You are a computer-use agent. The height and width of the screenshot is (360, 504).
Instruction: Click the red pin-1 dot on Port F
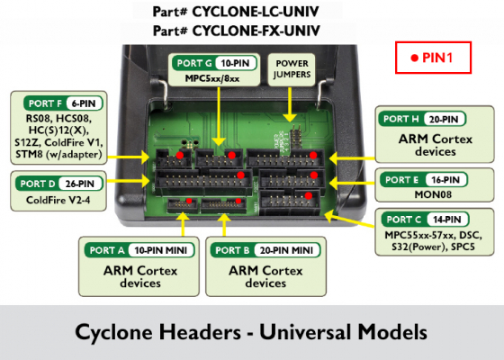180,155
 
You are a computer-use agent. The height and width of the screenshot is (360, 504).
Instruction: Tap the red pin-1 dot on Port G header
231,155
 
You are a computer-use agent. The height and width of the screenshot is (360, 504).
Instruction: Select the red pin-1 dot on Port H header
313,155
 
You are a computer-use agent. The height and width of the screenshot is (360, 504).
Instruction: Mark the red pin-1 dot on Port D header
240,175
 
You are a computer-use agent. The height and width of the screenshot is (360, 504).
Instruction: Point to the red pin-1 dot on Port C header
308,195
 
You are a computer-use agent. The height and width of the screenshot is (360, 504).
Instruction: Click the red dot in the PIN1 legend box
415,58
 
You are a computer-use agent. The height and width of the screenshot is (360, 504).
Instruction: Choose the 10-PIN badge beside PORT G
235,63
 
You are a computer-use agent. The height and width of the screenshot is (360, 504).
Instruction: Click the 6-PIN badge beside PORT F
85,103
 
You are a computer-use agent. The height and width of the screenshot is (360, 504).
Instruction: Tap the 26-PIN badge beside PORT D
80,184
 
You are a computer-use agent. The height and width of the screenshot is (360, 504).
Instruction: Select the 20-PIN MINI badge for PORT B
287,250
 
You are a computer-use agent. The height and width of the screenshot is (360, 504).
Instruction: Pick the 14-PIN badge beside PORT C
447,220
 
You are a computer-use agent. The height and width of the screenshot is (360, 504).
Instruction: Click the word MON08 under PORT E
433,194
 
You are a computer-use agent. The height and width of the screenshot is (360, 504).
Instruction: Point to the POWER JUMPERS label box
292,69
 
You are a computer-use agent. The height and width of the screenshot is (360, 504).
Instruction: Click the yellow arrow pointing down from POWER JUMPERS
290,104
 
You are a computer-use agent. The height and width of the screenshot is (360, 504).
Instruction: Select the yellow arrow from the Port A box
184,224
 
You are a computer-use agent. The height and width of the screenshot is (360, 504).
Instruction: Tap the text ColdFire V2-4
58,200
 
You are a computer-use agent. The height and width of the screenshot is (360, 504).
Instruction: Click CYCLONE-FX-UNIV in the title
256,31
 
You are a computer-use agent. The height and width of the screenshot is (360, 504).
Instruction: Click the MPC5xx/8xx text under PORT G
212,78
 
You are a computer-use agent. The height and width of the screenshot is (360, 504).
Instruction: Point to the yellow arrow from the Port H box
352,158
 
